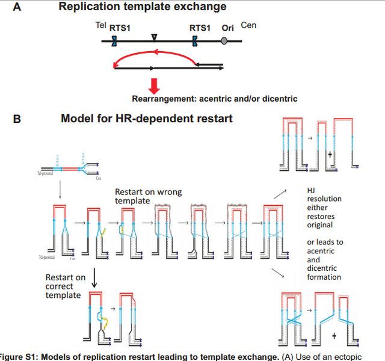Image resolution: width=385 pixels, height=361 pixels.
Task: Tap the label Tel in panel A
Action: coord(100,25)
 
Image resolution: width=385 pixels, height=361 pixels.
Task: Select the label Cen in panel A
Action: coord(248,25)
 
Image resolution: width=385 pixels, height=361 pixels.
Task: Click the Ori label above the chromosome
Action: coord(227,28)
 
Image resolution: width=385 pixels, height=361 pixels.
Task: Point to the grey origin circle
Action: coord(224,41)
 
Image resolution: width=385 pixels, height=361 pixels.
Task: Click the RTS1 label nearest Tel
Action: coord(121,28)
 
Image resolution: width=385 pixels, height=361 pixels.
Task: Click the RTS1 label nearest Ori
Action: coord(200,28)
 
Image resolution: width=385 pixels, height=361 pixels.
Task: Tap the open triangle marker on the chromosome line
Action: coord(154,39)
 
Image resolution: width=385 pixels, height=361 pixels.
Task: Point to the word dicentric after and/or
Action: coord(279,98)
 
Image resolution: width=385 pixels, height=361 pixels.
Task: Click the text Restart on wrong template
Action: coord(148,197)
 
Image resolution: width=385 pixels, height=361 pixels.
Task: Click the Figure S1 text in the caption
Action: coord(21,357)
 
